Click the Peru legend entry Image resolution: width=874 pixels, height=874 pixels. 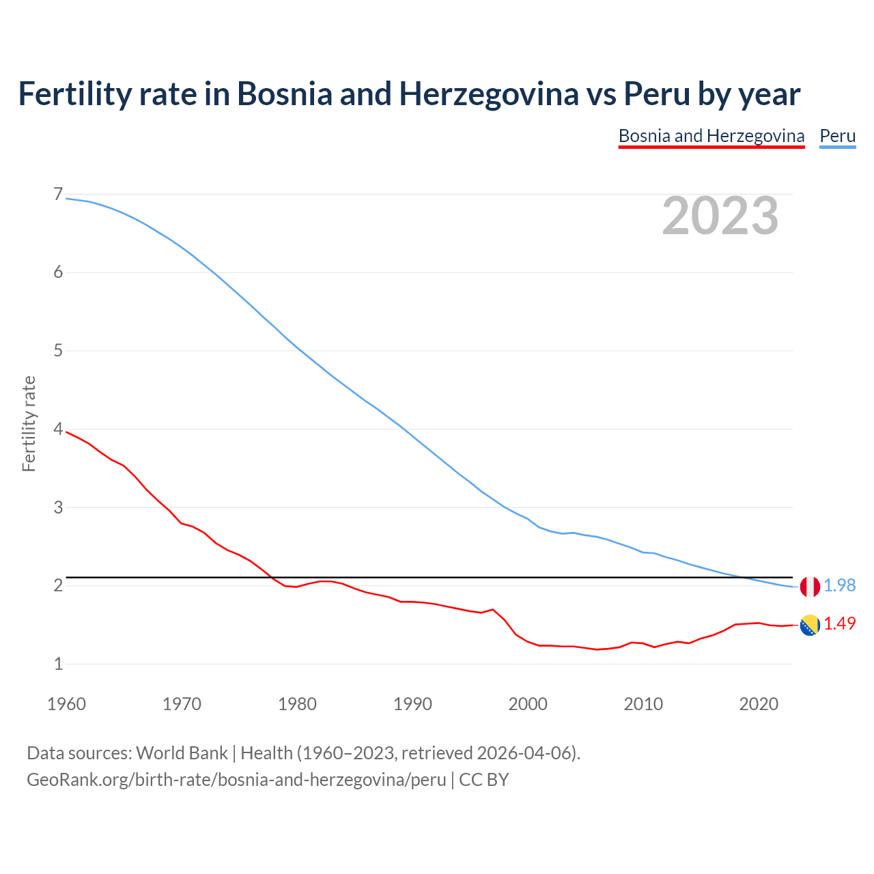pyautogui.click(x=837, y=136)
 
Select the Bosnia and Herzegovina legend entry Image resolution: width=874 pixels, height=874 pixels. pyautogui.click(x=711, y=136)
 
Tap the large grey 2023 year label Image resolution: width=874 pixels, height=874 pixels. pyautogui.click(x=720, y=216)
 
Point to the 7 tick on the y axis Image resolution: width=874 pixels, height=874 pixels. pyautogui.click(x=58, y=195)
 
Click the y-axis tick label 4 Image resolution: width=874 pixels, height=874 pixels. pyautogui.click(x=58, y=429)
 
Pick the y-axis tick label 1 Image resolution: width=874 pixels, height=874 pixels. pyautogui.click(x=58, y=664)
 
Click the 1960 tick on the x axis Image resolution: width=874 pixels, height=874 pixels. pyautogui.click(x=66, y=704)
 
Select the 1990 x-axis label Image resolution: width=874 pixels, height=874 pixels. pyautogui.click(x=412, y=704)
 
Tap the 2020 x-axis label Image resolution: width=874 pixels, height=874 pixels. pyautogui.click(x=759, y=704)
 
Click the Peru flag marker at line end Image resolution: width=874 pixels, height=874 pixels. pyautogui.click(x=810, y=586)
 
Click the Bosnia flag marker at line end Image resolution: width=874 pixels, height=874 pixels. pyautogui.click(x=810, y=625)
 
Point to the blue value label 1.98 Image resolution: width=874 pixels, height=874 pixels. pyautogui.click(x=839, y=586)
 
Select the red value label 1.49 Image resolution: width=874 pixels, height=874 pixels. pyautogui.click(x=839, y=624)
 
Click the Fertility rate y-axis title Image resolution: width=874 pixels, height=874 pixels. pyautogui.click(x=29, y=423)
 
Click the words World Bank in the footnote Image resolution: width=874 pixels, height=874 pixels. pyautogui.click(x=182, y=753)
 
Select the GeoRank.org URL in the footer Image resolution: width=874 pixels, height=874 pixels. pyautogui.click(x=236, y=780)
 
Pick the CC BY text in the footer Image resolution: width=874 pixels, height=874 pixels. pyautogui.click(x=483, y=780)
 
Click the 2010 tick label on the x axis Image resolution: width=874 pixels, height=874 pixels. pyautogui.click(x=643, y=704)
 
